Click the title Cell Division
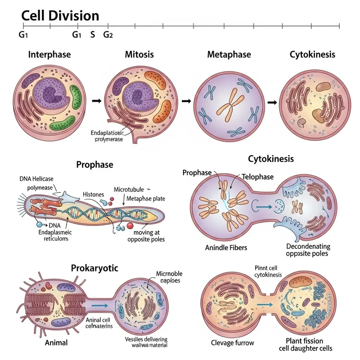tap(60, 15)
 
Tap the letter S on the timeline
tap(93, 34)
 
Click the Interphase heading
tap(49, 55)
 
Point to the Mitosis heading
tap(139, 55)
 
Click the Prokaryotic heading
tap(94, 268)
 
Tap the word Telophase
tap(257, 177)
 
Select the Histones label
tap(94, 194)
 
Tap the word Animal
tap(56, 343)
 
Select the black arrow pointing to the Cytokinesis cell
tap(271, 103)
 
